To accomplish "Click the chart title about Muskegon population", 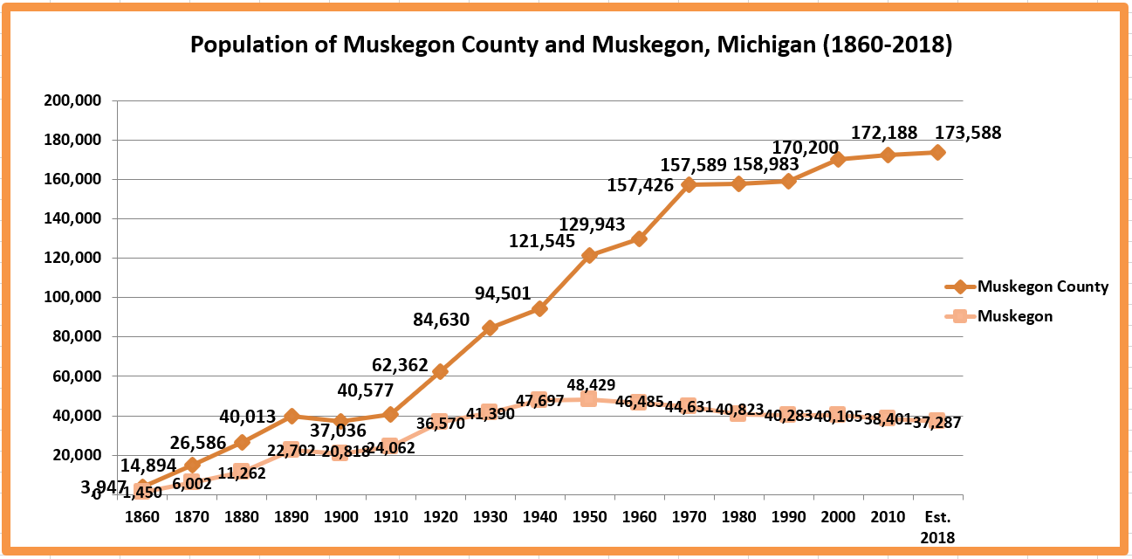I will coord(571,45).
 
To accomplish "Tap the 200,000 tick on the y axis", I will coord(72,100).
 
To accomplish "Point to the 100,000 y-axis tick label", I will coord(72,297).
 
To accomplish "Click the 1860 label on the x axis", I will coord(142,516).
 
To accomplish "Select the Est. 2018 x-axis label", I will coord(937,526).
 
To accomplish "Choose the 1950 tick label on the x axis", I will coord(589,516).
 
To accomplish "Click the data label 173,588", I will coord(968,134).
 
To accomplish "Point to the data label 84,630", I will coord(442,320).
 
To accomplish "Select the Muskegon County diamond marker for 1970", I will coord(689,185).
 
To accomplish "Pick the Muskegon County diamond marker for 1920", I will coord(440,371).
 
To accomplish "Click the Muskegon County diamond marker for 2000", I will coord(838,160).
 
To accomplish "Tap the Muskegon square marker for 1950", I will coord(589,399).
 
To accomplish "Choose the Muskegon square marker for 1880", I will coord(242,472).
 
